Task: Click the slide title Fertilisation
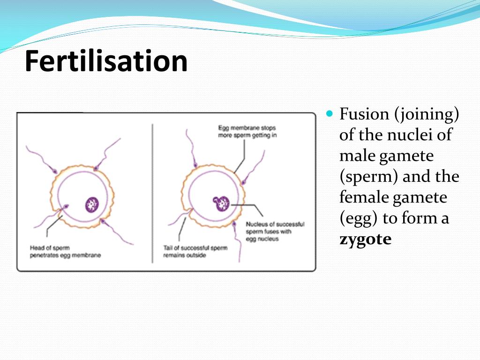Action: coord(106,61)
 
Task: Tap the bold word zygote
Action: coord(365,240)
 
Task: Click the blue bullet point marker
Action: coord(329,113)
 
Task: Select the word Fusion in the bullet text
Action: coord(364,114)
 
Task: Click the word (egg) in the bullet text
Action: coord(359,218)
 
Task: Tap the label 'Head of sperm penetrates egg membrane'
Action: coord(65,252)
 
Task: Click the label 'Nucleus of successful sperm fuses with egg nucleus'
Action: coord(275,232)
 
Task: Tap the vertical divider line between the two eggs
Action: coord(152,192)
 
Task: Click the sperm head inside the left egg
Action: coord(66,206)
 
